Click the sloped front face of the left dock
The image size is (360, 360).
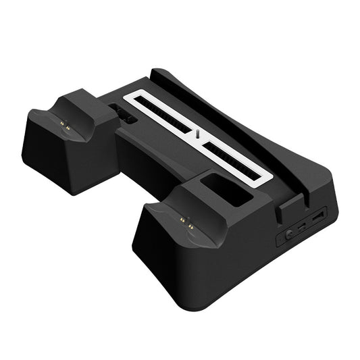pos(51,159)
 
